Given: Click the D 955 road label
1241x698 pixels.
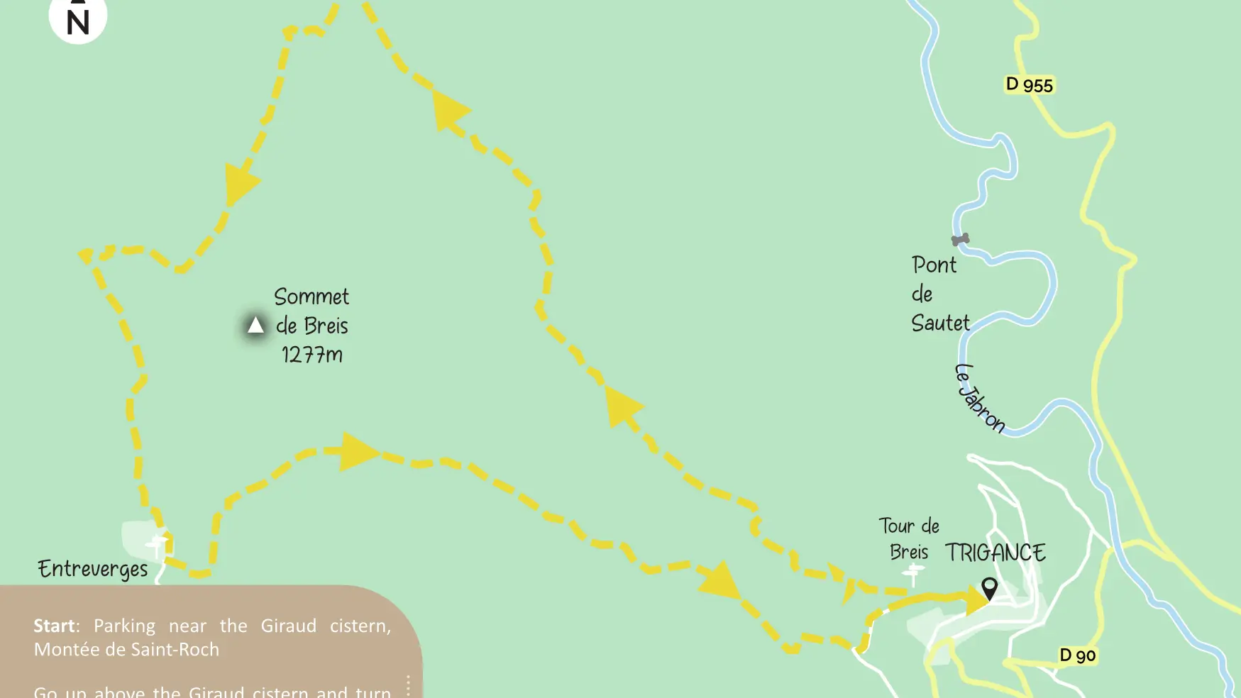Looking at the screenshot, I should (x=1029, y=85).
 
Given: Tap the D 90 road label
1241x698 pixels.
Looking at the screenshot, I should (x=1077, y=655).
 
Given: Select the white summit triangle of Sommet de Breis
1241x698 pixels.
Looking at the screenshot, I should (x=255, y=326).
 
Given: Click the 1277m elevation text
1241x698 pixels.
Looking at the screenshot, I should (x=312, y=355).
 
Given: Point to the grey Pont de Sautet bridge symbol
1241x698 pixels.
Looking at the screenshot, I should (x=960, y=240).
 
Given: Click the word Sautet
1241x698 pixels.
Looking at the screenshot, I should (x=940, y=323).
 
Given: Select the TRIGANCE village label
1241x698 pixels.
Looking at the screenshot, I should (x=995, y=553).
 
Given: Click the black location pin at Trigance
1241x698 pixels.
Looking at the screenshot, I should (x=989, y=587).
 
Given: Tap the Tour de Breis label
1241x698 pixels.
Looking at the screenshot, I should (x=909, y=538).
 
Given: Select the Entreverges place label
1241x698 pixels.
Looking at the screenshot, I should (x=93, y=569).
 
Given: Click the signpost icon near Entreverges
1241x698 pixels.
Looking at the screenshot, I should (x=157, y=545).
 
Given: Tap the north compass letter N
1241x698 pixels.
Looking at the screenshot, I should (x=78, y=23).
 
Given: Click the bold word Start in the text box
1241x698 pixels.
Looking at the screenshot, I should (x=54, y=626).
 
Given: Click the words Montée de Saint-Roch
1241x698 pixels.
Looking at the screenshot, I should (x=126, y=649).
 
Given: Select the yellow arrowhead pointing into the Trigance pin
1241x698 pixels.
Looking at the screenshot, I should (x=978, y=600).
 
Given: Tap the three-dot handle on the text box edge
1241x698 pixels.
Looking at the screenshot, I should (x=408, y=685).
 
